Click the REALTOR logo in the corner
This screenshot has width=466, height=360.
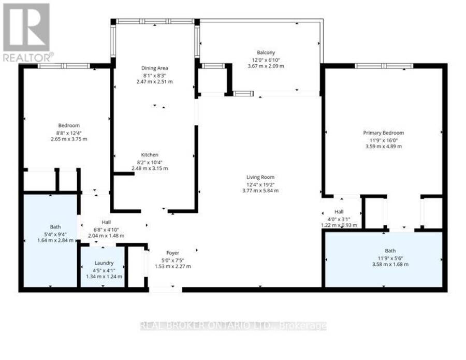point(27,32)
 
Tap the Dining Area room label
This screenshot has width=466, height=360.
point(154,68)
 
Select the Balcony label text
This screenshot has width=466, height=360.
point(266,53)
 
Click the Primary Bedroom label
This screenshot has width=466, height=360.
point(383,133)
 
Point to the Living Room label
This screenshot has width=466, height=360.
point(260,177)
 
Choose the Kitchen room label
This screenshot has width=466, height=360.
point(150,155)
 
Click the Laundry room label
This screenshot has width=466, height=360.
point(104,263)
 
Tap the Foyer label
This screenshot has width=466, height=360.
point(172,253)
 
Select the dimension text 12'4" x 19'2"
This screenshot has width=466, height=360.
point(260,184)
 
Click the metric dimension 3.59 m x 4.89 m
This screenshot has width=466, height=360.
point(383,146)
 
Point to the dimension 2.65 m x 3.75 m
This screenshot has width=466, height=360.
point(69,139)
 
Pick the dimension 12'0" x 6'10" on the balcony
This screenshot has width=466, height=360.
point(266,60)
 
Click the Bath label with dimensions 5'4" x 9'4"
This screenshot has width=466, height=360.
point(55,227)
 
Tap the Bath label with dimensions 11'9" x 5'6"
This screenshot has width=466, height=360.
point(390,251)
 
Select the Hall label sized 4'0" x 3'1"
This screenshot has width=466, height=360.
point(339,212)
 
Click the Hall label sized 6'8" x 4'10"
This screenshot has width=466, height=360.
point(106,222)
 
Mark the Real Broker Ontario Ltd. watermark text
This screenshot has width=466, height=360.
point(234,326)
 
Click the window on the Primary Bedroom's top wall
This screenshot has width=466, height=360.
point(384,66)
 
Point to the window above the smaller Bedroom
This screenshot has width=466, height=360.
point(64,66)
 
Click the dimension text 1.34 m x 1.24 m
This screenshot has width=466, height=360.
point(104,277)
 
